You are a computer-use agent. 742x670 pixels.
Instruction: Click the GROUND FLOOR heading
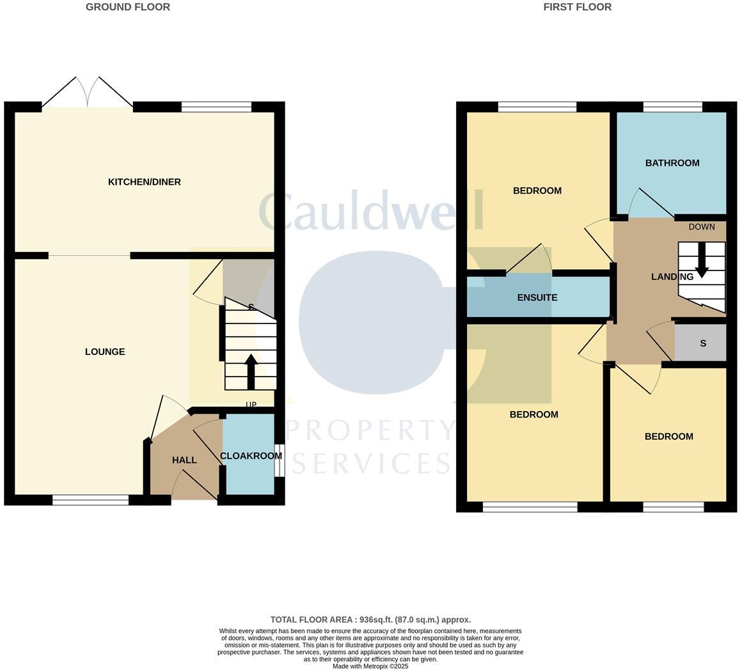point(128,7)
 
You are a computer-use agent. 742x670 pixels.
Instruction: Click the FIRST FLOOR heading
point(577,7)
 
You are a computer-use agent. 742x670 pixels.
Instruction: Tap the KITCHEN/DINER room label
point(144,182)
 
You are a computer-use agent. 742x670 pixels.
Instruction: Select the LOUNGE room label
point(105,352)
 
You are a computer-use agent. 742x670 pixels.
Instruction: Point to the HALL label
point(184,460)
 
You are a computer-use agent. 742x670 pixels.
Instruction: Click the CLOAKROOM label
point(251,456)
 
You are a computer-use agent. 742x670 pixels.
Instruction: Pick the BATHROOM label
point(672,163)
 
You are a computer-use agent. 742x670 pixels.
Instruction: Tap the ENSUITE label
point(537,297)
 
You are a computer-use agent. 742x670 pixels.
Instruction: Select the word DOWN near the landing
point(701,227)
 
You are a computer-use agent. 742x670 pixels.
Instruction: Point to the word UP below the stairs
point(251,405)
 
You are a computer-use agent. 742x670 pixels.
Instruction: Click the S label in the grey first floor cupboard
point(702,343)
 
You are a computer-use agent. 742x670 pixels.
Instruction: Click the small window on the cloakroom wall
point(279,460)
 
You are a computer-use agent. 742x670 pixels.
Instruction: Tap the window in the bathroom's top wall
point(672,107)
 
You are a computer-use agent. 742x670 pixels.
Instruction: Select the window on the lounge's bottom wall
point(90,500)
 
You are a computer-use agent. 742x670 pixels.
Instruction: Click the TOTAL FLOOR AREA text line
point(370,619)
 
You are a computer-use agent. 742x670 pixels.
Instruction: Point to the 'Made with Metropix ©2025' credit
point(370,666)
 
